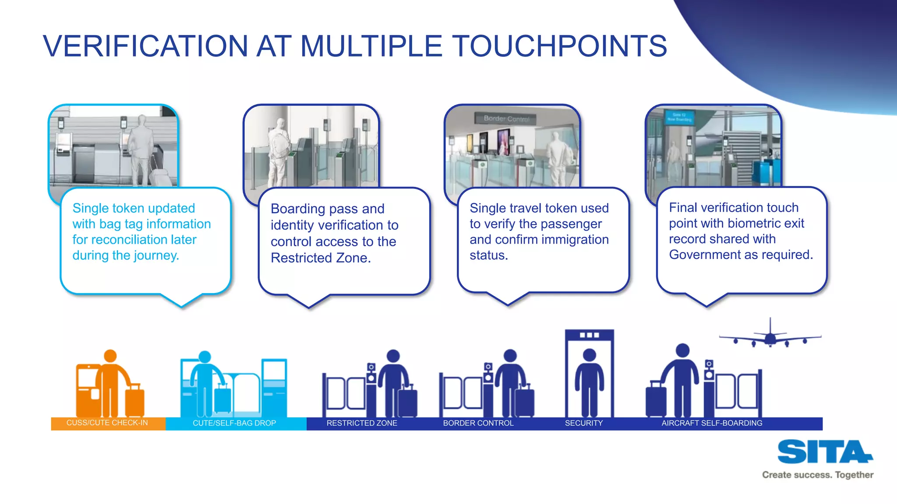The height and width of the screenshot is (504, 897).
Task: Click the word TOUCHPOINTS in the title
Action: click(x=559, y=46)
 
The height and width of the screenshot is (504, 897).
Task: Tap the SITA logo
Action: click(x=825, y=452)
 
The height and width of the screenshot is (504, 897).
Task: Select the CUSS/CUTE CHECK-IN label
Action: click(x=107, y=423)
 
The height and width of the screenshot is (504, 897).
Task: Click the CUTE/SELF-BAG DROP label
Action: click(x=234, y=423)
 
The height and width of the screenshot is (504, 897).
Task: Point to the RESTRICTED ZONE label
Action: click(x=362, y=423)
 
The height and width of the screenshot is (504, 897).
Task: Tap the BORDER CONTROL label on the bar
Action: click(x=478, y=423)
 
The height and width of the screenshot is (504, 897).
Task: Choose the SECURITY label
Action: click(x=584, y=423)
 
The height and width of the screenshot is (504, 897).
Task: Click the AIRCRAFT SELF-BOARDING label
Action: click(x=712, y=423)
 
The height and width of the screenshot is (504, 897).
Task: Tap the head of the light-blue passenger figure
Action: click(x=205, y=357)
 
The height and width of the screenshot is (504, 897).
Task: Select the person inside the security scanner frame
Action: click(x=590, y=381)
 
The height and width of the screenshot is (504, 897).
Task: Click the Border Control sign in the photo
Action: click(x=506, y=119)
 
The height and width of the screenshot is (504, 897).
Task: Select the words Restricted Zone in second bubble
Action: click(x=321, y=258)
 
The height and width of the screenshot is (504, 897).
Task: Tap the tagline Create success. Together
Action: click(x=817, y=475)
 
